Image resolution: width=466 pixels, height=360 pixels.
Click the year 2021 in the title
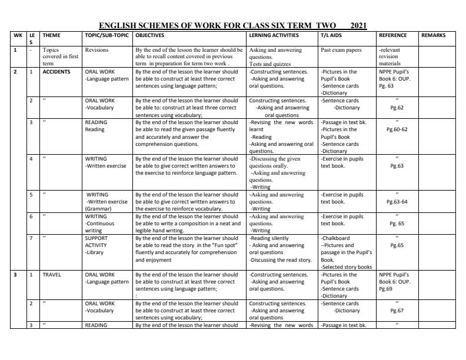(358, 25)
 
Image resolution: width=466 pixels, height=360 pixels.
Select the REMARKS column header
(434, 35)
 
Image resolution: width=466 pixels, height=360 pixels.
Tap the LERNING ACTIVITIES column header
(274, 35)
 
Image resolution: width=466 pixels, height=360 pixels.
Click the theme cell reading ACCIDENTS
(56, 72)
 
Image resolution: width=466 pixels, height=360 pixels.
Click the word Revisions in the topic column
(96, 51)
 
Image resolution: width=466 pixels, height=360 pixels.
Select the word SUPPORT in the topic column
(96, 238)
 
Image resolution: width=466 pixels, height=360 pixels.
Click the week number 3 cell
(15, 274)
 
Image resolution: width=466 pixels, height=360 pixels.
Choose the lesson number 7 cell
(31, 238)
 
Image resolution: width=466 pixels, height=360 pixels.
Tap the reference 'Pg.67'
(397, 310)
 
